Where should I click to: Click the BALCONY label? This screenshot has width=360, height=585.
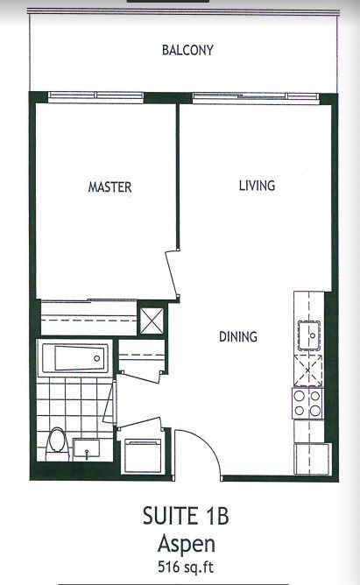click(187, 50)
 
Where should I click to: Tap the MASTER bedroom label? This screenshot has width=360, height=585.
click(109, 187)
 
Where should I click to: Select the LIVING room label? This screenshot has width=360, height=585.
click(258, 186)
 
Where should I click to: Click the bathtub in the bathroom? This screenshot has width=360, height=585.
click(74, 358)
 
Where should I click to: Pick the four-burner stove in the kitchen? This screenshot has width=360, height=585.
click(308, 404)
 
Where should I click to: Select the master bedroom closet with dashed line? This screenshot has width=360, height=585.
click(88, 315)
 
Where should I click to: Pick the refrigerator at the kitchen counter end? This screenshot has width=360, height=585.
click(312, 455)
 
